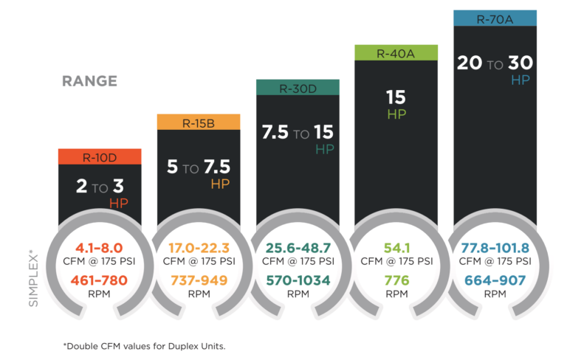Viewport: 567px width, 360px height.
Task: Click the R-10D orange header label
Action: click(x=99, y=156)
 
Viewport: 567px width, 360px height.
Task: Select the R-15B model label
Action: click(x=199, y=122)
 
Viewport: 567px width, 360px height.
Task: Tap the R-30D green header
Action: click(x=298, y=88)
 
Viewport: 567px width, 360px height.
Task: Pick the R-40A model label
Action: click(x=396, y=52)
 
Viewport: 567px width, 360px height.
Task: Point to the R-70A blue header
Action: click(x=495, y=18)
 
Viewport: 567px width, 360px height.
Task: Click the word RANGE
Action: click(x=90, y=81)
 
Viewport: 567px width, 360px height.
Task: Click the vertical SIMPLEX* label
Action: click(x=32, y=266)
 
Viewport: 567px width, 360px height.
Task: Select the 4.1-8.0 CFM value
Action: click(x=99, y=249)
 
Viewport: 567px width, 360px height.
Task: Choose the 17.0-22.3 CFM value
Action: click(x=199, y=249)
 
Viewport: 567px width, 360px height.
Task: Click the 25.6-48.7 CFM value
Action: click(x=298, y=249)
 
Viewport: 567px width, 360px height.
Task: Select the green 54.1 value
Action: click(x=396, y=249)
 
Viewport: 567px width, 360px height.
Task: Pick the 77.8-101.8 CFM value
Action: click(x=495, y=249)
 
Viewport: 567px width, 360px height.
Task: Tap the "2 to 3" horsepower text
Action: click(x=99, y=187)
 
